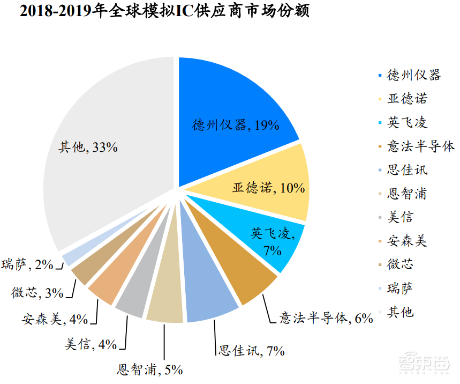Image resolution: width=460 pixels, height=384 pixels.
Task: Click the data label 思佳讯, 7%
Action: pyautogui.click(x=251, y=351)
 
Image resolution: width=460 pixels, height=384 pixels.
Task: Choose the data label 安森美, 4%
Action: pyautogui.click(x=55, y=320)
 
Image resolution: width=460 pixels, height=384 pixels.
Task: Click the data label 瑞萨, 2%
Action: pyautogui.click(x=27, y=264)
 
